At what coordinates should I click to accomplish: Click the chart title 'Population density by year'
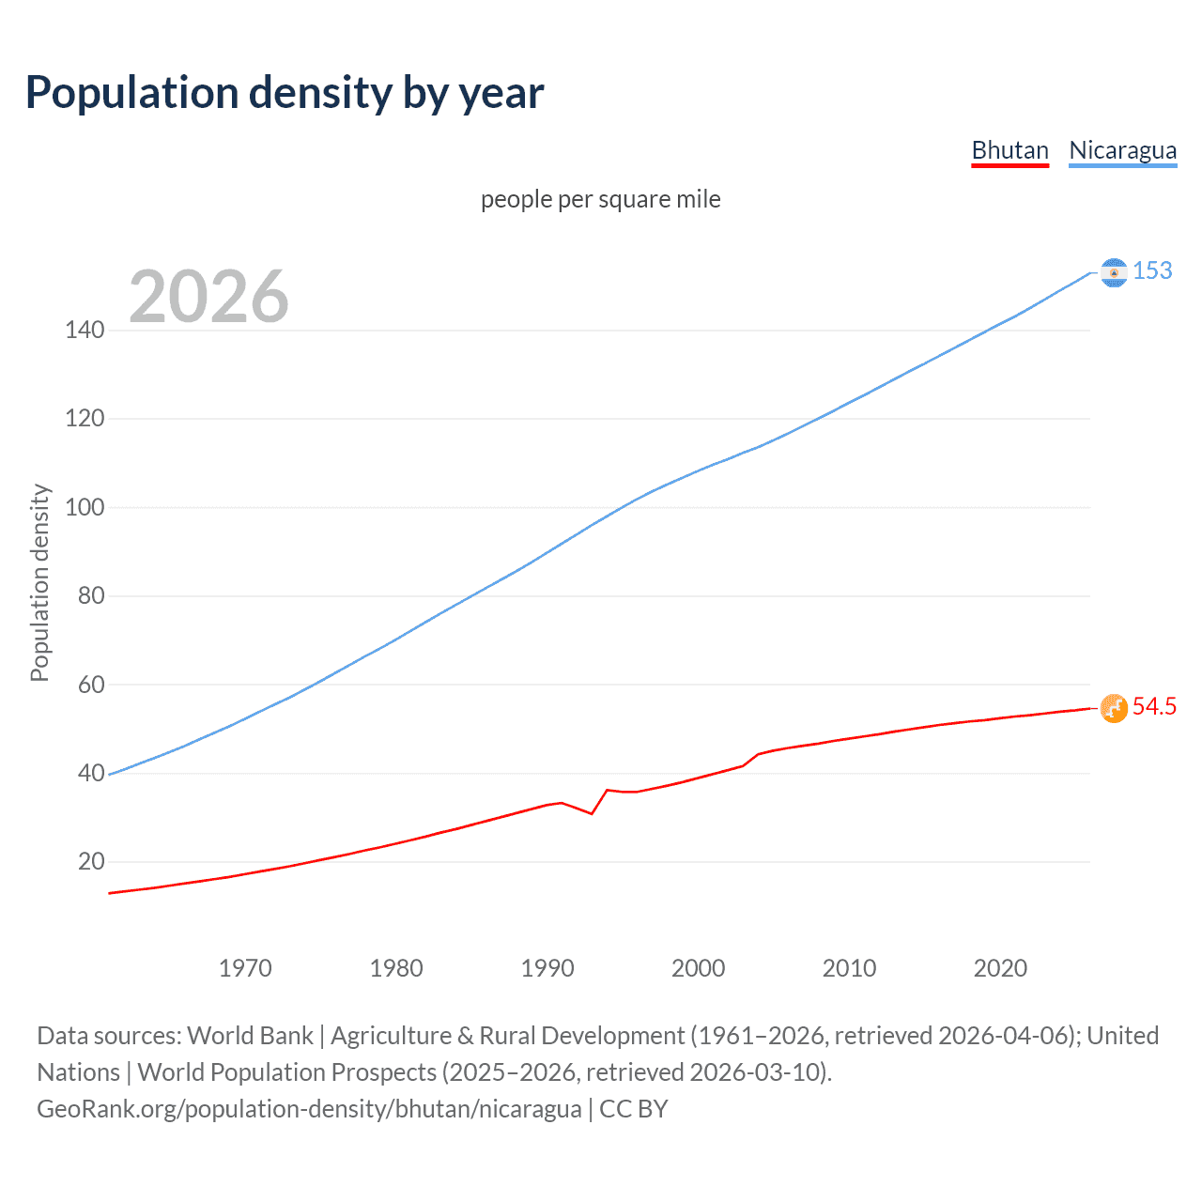285,93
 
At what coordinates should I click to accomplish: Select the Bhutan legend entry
1009,150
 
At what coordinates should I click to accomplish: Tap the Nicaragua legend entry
1122,150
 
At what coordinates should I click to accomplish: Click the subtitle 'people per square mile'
600,199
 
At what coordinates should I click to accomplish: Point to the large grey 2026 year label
208,297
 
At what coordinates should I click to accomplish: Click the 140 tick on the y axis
85,330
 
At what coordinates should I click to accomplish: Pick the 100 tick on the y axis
85,507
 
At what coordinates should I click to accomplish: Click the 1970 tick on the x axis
245,968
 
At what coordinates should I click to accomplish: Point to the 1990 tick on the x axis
547,968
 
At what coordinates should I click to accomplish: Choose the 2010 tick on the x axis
849,968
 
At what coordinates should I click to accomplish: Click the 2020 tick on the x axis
1000,968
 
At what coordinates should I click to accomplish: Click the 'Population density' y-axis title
39,582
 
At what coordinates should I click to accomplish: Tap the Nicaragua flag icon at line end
1114,272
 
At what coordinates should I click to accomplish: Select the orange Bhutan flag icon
1114,708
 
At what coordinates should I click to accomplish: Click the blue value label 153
1152,270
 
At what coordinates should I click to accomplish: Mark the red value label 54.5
1154,706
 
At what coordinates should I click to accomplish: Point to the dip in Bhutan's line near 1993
592,813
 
